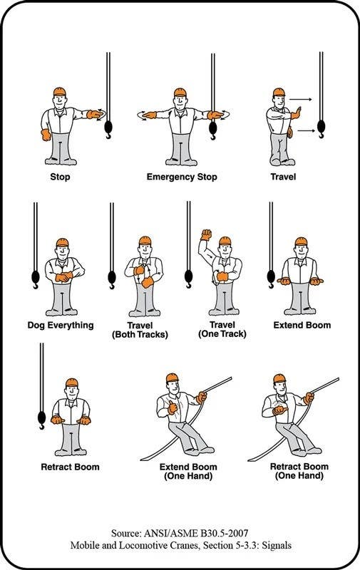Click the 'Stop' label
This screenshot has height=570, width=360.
60,177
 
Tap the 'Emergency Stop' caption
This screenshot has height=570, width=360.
182,177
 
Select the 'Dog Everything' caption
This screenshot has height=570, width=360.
61,325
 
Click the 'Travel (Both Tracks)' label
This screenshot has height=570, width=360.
140,330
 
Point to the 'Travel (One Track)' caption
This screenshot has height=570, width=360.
222,329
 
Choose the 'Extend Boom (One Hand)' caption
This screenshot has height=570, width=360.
188,472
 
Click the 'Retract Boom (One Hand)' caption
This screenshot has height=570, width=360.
299,471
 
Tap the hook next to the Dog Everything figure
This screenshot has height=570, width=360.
36,279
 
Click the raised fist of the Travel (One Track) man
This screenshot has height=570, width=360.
206,235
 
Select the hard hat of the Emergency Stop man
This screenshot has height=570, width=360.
180,92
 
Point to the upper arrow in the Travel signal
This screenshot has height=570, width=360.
301,99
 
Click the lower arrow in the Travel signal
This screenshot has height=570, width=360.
307,130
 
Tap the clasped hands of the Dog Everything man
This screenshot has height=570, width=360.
64,276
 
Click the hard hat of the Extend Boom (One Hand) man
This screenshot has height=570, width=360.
173,378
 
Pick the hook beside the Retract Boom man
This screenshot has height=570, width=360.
42,420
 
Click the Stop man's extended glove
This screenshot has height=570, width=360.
95,114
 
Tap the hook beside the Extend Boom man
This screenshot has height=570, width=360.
272,279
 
